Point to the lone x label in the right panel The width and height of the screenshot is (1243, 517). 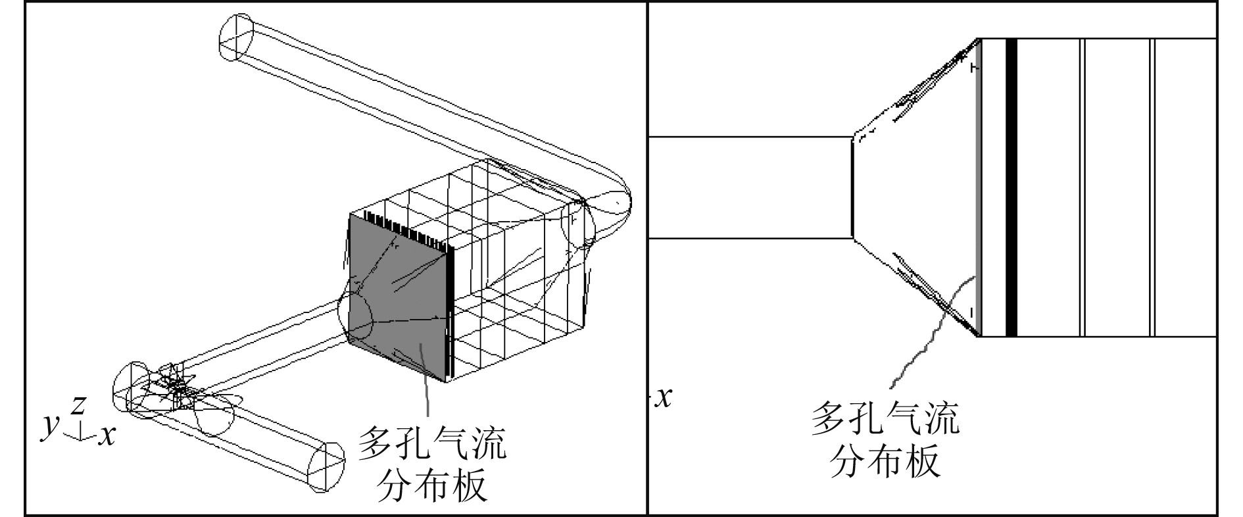pos(665,397)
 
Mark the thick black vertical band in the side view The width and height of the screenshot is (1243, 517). pos(1011,187)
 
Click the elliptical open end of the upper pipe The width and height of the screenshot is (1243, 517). pos(235,38)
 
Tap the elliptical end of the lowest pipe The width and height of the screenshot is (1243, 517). pos(327,468)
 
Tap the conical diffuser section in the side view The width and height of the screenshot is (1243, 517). pos(914,187)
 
